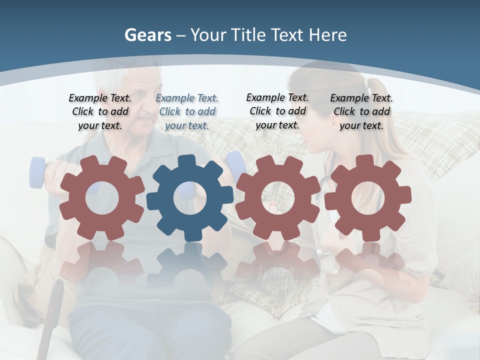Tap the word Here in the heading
[x=327, y=35]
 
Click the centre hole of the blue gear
[x=190, y=198]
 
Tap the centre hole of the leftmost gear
[x=102, y=198]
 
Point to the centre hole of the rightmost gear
[x=367, y=197]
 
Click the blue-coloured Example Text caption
[x=187, y=111]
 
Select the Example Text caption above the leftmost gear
[x=100, y=111]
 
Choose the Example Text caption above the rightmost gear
[x=361, y=111]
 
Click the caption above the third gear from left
[x=277, y=111]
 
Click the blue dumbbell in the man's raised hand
[x=37, y=172]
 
